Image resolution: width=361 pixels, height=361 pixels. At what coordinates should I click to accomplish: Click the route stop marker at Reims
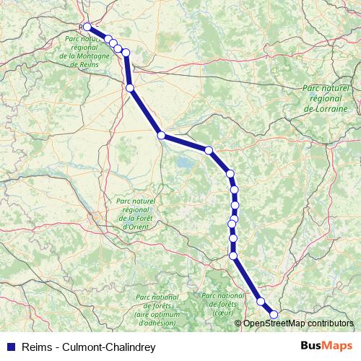pos(87,27)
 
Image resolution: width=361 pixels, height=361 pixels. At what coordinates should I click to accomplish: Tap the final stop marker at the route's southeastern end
pos(274,314)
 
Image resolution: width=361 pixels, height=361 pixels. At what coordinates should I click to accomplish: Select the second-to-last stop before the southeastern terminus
pos(261,302)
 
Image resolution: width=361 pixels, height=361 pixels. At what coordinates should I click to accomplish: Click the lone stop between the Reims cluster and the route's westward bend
pos(130,88)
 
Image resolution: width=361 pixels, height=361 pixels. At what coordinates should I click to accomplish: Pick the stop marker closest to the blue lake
pos(162,135)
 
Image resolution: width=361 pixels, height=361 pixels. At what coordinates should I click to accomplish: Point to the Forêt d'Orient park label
pos(136,216)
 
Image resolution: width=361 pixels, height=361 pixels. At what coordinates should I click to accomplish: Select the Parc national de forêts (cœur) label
pos(223,304)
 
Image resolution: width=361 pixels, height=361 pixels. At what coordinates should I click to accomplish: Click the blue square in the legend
pos(11,347)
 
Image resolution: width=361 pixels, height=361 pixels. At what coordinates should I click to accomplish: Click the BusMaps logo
pos(327,346)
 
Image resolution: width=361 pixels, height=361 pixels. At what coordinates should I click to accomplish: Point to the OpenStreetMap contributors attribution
pos(297,323)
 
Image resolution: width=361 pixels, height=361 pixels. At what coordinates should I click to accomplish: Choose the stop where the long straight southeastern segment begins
pos(233,255)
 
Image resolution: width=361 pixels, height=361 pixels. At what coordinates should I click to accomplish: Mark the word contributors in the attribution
pos(331,323)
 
